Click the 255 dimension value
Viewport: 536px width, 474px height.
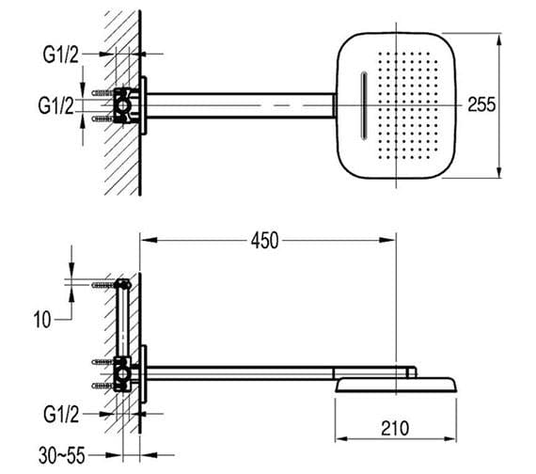coord(481,104)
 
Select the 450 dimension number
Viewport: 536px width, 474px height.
coord(264,241)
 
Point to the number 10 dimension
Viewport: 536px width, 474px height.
coord(42,320)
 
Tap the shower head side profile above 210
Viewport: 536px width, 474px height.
coord(395,382)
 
